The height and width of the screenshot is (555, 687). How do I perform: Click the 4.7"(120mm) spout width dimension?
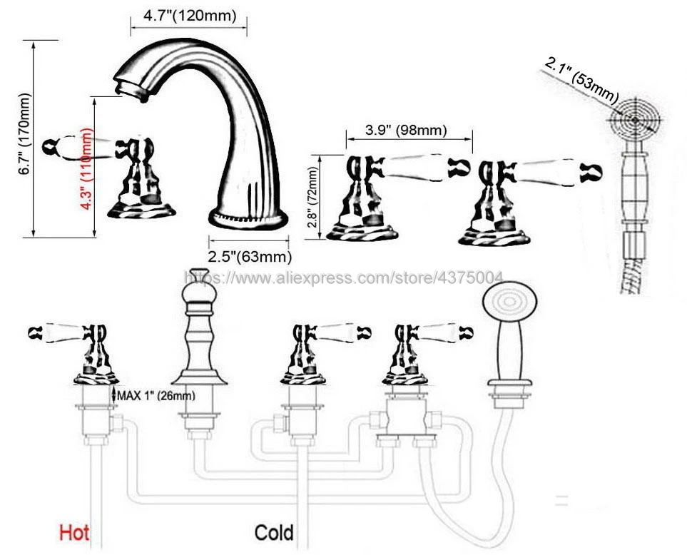(188, 14)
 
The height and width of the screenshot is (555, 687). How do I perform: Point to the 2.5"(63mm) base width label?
(249, 255)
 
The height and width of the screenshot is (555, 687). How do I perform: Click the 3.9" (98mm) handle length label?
(406, 130)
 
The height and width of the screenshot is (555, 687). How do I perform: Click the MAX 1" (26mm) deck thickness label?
(156, 394)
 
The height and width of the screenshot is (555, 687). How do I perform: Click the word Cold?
(274, 532)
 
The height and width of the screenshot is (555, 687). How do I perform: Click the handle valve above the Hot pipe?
(93, 350)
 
